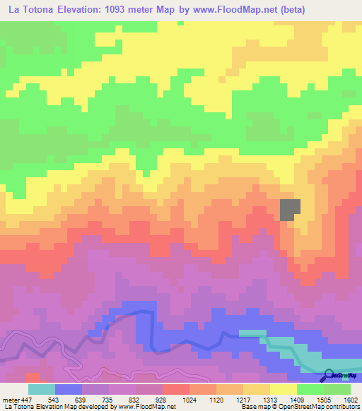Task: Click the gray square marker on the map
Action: [x=291, y=209]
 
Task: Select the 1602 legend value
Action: [x=350, y=400]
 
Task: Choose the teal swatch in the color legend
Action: [x=42, y=389]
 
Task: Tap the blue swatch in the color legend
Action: [x=69, y=389]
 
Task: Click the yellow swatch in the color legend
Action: [x=284, y=389]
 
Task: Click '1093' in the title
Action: [x=135, y=10]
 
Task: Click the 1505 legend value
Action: [x=325, y=400]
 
